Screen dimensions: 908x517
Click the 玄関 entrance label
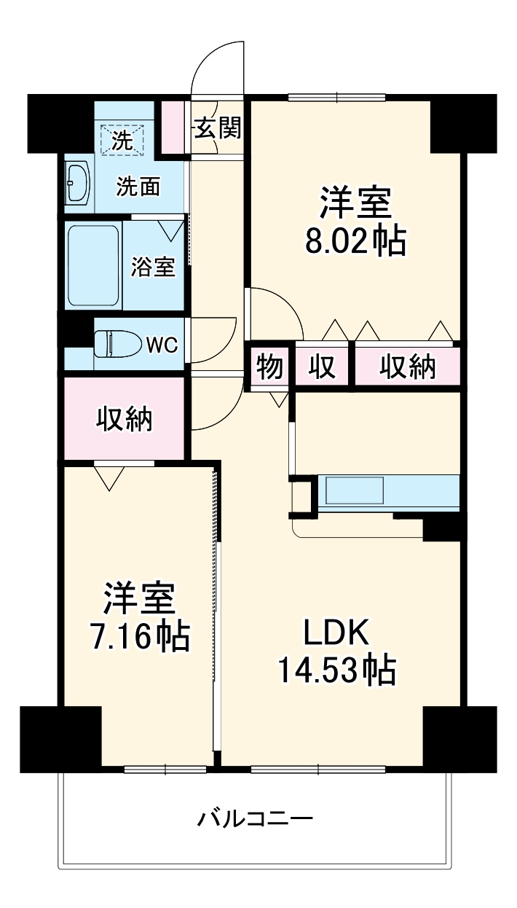[217, 129]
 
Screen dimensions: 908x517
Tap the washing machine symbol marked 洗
[127, 138]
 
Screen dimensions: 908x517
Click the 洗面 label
[138, 188]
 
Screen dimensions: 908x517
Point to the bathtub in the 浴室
[93, 266]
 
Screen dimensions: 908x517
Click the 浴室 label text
[152, 267]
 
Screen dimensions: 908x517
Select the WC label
[162, 345]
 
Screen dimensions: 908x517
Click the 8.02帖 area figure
[355, 241]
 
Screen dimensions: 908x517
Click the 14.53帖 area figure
[336, 669]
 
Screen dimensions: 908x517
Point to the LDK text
[337, 633]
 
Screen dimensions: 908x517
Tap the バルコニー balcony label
[255, 818]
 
